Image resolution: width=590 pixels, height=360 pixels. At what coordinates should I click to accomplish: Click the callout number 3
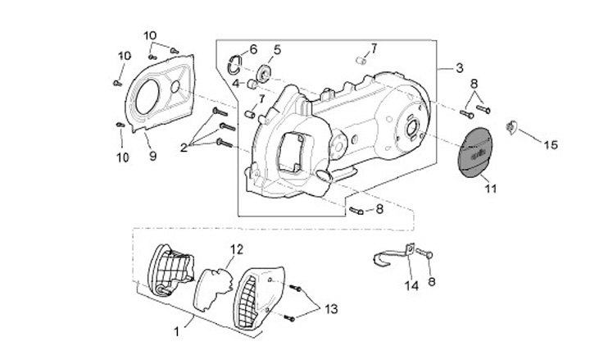[x=459, y=68]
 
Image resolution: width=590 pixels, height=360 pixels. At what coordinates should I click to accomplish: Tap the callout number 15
[x=551, y=145]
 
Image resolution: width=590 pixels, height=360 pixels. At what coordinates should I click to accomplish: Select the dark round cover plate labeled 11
[x=474, y=153]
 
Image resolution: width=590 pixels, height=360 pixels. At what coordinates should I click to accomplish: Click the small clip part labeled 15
[x=511, y=127]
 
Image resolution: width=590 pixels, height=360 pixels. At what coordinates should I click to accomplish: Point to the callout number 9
[x=152, y=156]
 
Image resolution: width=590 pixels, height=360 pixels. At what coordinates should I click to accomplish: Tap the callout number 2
[x=184, y=148]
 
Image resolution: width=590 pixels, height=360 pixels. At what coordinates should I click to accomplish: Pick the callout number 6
[x=253, y=49]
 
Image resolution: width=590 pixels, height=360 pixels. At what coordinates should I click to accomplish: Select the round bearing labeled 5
[x=265, y=73]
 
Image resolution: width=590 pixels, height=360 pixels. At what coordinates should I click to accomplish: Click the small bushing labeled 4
[x=252, y=84]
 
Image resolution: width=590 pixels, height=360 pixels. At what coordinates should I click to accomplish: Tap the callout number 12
[x=237, y=249]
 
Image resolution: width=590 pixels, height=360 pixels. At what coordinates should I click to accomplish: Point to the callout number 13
[x=331, y=309]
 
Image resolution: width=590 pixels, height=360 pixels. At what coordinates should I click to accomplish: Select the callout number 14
[x=411, y=286]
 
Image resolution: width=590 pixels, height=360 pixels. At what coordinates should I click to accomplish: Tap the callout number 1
[x=176, y=332]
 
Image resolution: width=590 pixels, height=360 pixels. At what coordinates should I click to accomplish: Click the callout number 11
[x=490, y=189]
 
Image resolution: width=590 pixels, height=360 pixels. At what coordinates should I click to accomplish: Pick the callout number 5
[x=277, y=50]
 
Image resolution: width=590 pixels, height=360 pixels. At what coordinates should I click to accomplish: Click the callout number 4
[x=235, y=83]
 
